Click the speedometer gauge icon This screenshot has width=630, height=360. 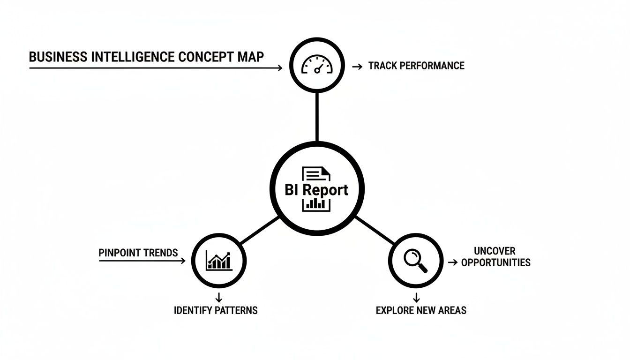317,65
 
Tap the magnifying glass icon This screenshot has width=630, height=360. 416,260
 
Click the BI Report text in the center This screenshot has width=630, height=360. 317,190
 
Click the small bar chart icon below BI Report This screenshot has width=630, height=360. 317,204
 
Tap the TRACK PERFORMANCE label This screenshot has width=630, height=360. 416,66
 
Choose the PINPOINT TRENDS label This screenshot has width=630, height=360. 138,253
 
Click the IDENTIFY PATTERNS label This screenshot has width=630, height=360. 216,310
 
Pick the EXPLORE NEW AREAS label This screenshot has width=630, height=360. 421,310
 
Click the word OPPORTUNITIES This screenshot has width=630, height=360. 496,262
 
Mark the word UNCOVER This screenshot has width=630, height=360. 495,251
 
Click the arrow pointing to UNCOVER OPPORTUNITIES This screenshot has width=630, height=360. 452,263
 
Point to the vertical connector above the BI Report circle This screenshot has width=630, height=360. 317,117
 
